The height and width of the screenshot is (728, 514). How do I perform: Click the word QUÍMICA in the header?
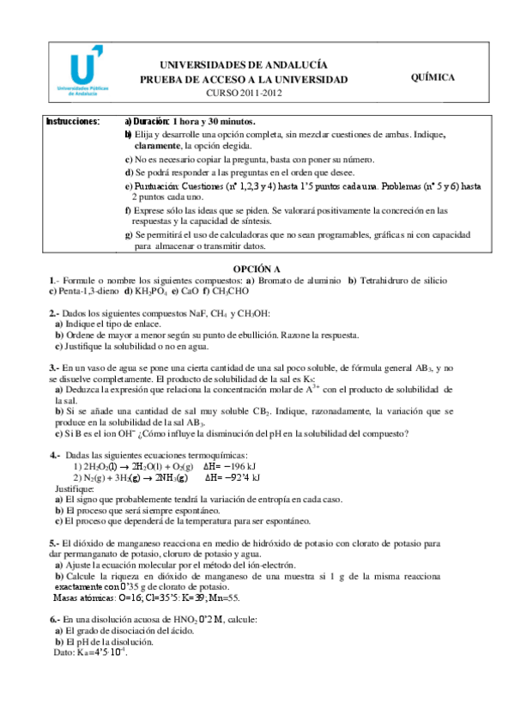433,77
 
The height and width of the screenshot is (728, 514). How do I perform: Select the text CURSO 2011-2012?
244,93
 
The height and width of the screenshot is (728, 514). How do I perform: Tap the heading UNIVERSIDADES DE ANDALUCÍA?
244,64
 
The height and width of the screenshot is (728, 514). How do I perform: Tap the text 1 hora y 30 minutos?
213,121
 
